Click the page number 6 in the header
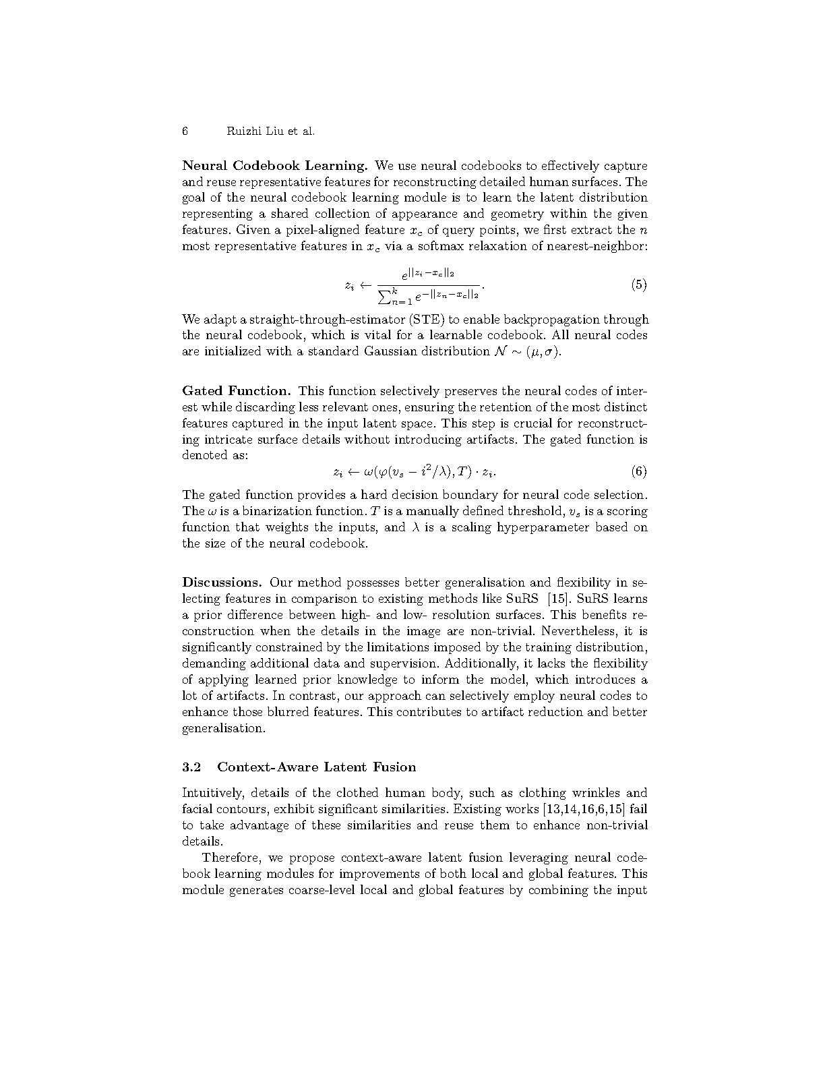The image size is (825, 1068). [x=185, y=131]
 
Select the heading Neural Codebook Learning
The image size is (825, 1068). [x=274, y=166]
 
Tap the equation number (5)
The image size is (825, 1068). [x=638, y=285]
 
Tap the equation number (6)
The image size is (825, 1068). [x=638, y=471]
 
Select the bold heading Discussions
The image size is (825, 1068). [x=222, y=583]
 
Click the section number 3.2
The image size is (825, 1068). [x=192, y=767]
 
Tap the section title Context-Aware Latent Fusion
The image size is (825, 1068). [x=317, y=767]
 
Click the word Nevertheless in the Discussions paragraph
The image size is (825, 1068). [x=579, y=631]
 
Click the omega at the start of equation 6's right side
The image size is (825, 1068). [x=368, y=471]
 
